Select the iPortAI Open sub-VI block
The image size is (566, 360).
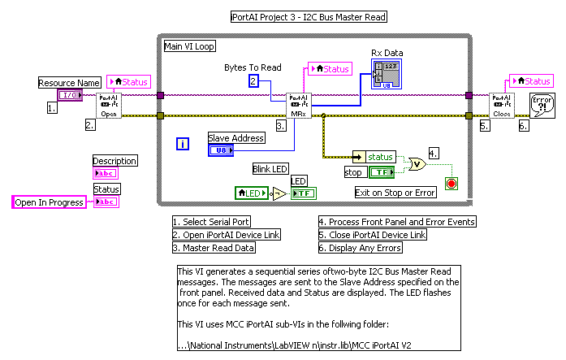(x=109, y=106)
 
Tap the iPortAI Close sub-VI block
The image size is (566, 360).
(x=502, y=106)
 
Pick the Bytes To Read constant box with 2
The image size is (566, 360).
(x=254, y=81)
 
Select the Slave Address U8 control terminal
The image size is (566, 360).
(x=221, y=150)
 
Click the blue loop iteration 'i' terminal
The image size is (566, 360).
(x=184, y=145)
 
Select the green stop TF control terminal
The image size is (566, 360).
(x=380, y=172)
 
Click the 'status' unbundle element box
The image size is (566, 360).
(x=374, y=157)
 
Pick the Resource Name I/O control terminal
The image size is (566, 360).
(x=69, y=95)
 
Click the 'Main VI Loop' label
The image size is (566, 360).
(x=190, y=46)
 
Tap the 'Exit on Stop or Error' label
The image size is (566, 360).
(x=395, y=193)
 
